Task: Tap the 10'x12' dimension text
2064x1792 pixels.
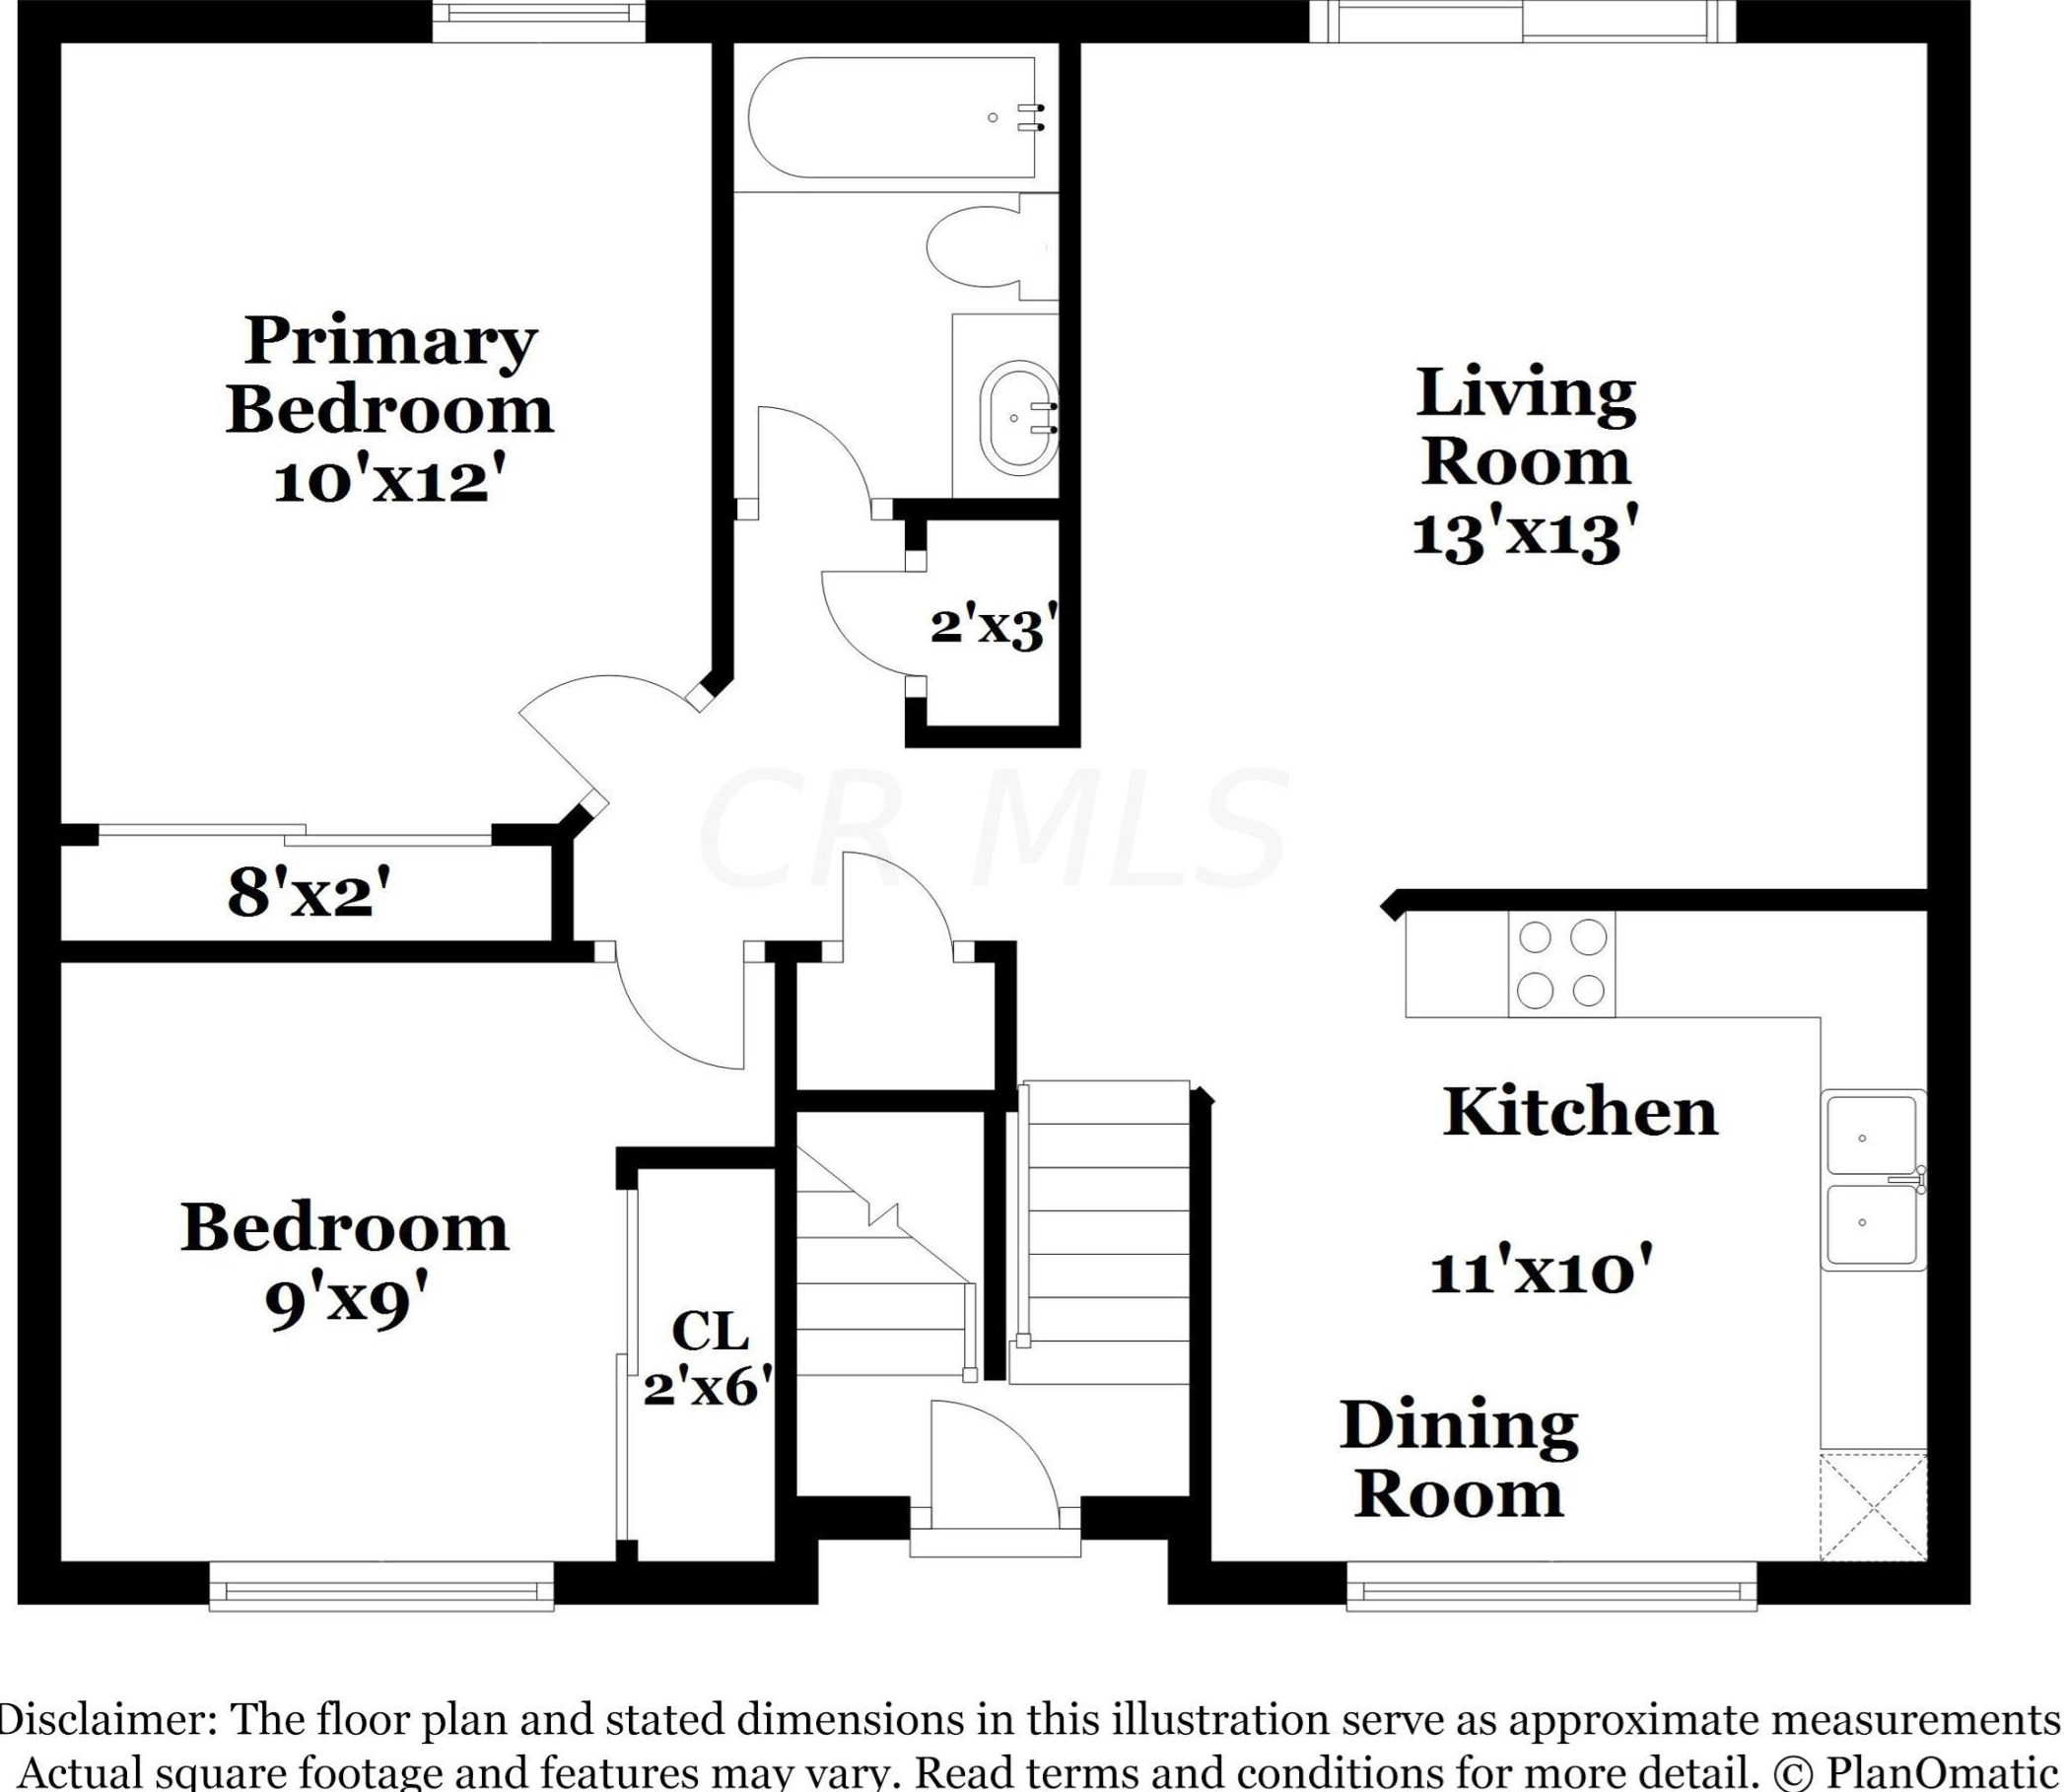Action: (x=386, y=482)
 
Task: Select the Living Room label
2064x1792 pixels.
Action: (x=1526, y=426)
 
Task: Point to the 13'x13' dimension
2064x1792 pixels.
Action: (x=1526, y=534)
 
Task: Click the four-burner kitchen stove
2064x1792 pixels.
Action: (x=1561, y=965)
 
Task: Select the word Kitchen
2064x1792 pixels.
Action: (x=1580, y=1112)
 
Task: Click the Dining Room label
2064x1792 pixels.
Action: (x=1459, y=1459)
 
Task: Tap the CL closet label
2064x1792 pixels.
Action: (x=710, y=1331)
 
